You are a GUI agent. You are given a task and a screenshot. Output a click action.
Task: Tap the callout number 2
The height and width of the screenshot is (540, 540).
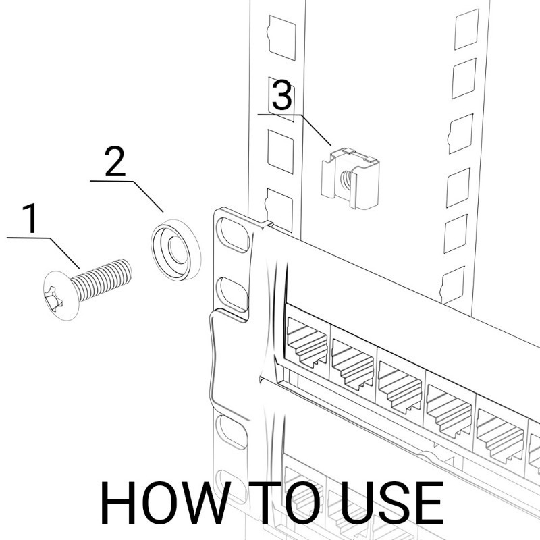click(115, 161)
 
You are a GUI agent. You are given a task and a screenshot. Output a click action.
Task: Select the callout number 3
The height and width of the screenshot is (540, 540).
click(282, 95)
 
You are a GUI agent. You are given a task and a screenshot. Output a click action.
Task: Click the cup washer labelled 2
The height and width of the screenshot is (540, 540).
click(176, 249)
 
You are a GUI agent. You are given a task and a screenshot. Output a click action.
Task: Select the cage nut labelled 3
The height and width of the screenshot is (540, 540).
click(350, 178)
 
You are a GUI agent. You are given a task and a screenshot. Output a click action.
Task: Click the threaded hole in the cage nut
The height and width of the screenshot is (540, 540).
click(346, 179)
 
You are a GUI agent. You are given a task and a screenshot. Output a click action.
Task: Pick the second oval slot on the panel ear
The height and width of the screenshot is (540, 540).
click(233, 294)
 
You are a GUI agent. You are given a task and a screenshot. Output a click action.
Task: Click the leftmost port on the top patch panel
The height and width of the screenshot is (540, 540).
click(307, 341)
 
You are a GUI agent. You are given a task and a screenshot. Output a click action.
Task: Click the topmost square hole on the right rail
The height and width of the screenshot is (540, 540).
click(466, 30)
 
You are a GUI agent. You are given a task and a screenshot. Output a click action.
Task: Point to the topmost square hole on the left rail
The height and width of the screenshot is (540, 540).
click(281, 38)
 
